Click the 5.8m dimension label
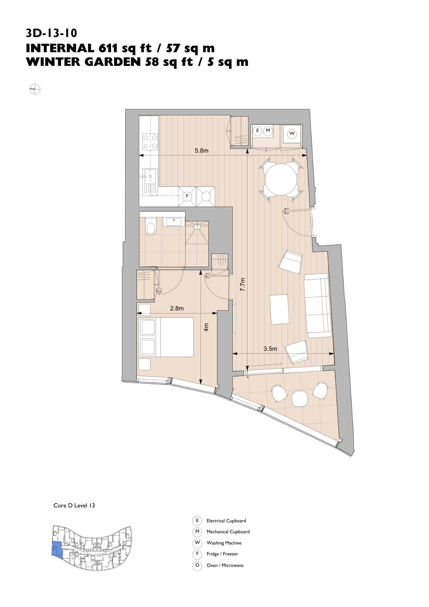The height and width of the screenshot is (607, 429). [x=201, y=151]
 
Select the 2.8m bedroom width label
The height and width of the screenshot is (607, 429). [x=177, y=308]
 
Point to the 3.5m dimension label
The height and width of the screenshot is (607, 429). [x=270, y=349]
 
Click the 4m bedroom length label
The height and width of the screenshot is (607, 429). [x=207, y=327]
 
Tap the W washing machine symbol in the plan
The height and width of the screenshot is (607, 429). [x=292, y=134]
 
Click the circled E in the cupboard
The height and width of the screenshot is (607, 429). [x=258, y=131]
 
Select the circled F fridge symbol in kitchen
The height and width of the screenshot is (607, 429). [x=187, y=196]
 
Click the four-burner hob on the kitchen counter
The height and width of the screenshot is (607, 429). [x=150, y=142]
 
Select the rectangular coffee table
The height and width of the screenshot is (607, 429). [x=279, y=309]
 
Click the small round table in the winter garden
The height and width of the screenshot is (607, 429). [x=300, y=398]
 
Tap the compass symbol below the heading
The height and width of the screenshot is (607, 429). [x=35, y=89]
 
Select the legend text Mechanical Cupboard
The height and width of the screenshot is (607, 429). [x=228, y=532]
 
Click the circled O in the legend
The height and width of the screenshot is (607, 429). [x=197, y=565]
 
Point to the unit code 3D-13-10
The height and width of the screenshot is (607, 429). [x=52, y=33]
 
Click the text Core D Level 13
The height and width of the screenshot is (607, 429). [x=74, y=505]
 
